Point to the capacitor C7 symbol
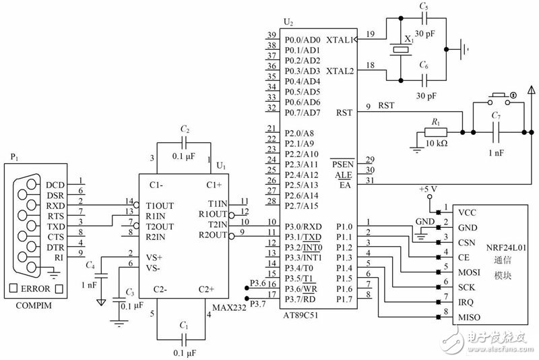497,131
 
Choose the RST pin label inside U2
346,113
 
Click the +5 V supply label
429,189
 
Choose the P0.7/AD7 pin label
302,112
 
